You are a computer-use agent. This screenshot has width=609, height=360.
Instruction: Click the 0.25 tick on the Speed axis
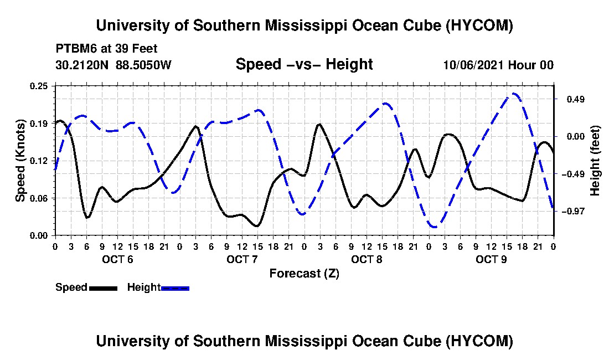tap(38, 86)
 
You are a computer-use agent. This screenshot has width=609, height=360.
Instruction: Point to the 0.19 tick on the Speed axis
tap(38, 124)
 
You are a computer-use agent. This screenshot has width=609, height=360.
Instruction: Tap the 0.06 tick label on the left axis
tap(38, 198)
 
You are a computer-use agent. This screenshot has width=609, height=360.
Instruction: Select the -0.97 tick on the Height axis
tap(573, 211)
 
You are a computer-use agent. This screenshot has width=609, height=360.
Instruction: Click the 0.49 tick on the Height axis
tap(576, 100)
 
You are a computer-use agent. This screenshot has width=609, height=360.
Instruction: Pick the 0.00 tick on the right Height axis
tap(576, 137)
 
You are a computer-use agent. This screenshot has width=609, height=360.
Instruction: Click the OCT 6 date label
tap(118, 259)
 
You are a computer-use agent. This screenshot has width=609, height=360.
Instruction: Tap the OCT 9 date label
tap(491, 259)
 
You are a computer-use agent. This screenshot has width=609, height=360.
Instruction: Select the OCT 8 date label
tap(367, 259)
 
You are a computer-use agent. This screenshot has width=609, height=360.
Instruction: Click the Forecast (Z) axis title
tap(304, 274)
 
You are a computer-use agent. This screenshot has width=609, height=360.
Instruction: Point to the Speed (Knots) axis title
tap(20, 161)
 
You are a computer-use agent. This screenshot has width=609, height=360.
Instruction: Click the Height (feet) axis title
tap(595, 161)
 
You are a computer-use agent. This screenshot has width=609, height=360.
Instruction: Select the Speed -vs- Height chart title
tap(304, 64)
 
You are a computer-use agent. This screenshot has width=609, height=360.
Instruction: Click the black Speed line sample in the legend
tap(103, 288)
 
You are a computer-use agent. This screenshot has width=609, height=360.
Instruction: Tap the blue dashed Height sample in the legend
tap(175, 288)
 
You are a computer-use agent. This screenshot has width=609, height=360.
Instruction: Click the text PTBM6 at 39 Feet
tap(106, 49)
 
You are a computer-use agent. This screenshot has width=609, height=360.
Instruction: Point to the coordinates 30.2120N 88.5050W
tap(113, 65)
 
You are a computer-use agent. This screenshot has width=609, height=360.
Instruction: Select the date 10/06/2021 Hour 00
tap(498, 65)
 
